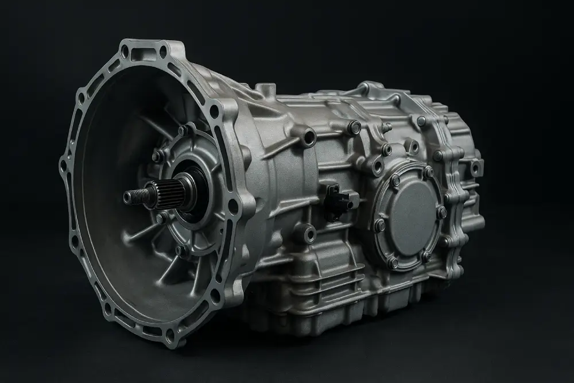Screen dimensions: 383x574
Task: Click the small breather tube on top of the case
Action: pos(265,90)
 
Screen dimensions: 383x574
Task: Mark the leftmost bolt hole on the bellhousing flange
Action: pos(64,167)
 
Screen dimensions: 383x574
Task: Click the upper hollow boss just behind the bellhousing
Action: pos(309,137)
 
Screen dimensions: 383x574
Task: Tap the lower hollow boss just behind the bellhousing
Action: pos(308,233)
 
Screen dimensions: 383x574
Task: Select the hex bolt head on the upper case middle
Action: pos(355,127)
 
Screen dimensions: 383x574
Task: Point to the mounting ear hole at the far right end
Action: pos(475,168)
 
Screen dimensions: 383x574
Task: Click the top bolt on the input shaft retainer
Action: pos(183,131)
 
